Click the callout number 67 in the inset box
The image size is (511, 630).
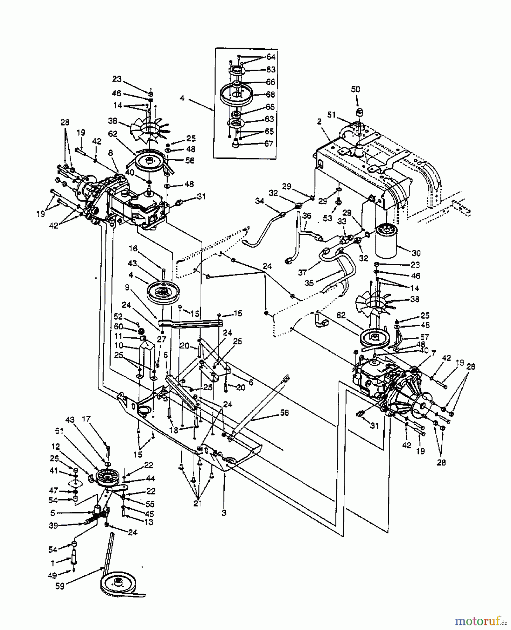[x=268, y=144]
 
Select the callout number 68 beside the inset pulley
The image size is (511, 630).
[x=270, y=94]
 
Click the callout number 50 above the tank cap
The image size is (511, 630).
[x=355, y=90]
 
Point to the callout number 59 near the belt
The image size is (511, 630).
[x=60, y=586]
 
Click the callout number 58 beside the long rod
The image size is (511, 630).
[x=284, y=413]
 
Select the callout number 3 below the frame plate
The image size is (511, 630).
[x=224, y=513]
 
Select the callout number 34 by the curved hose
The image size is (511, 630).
[x=259, y=201]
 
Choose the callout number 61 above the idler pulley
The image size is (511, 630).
[x=59, y=431]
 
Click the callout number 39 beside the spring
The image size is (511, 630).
[x=54, y=525]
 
